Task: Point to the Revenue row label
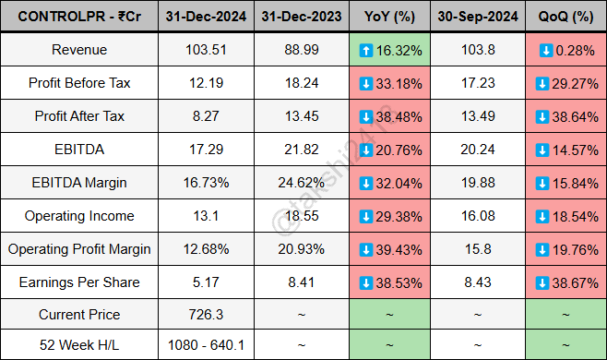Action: coord(79,50)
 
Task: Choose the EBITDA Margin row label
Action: coord(79,183)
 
